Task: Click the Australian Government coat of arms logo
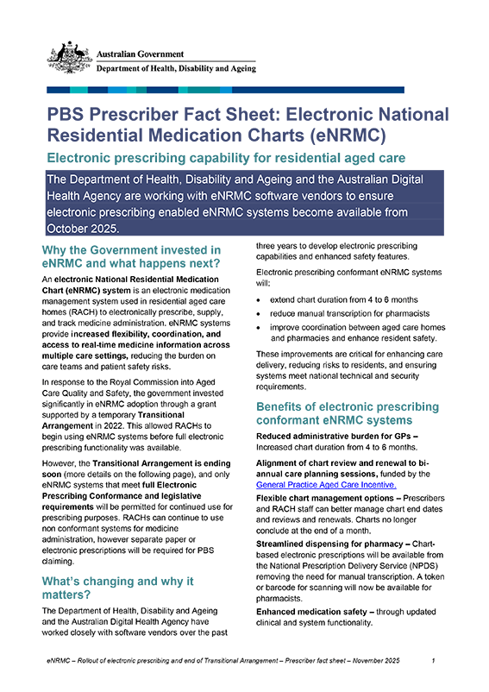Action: pyautogui.click(x=66, y=56)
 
